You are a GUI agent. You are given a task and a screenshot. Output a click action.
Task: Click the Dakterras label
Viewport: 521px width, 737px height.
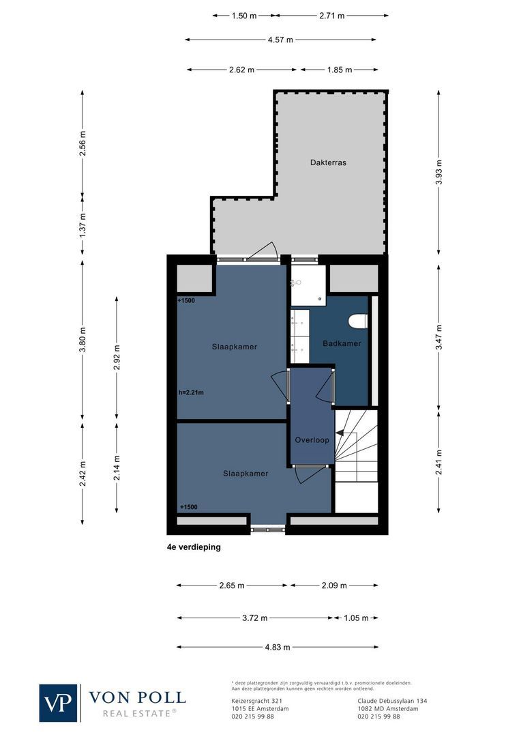328,162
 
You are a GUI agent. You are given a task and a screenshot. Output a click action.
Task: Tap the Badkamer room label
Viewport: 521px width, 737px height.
342,343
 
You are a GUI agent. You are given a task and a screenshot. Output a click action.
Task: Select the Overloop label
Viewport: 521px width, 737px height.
312,440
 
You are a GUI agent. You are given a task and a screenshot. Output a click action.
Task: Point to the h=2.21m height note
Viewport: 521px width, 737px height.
191,392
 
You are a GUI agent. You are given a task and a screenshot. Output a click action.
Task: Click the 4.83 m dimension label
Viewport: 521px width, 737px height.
278,647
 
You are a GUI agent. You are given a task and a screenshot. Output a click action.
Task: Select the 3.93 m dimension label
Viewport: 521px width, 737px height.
438,172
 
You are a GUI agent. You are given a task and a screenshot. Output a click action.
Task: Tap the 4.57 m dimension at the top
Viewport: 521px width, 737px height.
280,40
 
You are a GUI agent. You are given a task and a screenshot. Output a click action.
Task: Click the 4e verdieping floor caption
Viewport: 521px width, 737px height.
194,547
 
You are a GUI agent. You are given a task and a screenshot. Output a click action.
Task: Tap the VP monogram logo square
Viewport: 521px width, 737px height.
59,703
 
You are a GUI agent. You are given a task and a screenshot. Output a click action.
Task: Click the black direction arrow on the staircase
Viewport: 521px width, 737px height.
339,424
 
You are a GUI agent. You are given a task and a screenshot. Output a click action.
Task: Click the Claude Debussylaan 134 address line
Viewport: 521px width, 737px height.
392,701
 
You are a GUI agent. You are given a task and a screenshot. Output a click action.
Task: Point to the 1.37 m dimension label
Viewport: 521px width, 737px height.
83,226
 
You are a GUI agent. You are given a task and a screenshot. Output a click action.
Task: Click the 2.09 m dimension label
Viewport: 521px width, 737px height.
333,585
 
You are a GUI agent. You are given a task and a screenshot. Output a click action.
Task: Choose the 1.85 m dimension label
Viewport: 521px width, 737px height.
339,70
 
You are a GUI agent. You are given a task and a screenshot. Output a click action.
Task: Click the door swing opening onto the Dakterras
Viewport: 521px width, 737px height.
263,251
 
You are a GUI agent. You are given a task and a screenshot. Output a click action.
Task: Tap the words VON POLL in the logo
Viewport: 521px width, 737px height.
137,697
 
